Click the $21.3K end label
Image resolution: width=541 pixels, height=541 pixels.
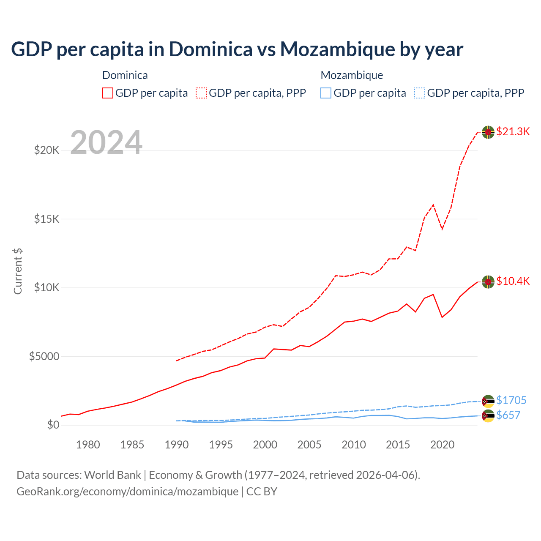pyautogui.click(x=513, y=131)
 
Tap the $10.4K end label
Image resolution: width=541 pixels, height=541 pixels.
pyautogui.click(x=513, y=281)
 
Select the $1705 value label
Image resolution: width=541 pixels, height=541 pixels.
pyautogui.click(x=511, y=400)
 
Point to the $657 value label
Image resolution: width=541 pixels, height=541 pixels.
pyautogui.click(x=508, y=415)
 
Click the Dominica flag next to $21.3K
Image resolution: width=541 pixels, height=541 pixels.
pyautogui.click(x=488, y=132)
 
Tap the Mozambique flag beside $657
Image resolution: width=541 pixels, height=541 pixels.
pyautogui.click(x=488, y=416)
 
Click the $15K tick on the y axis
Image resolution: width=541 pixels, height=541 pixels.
pyautogui.click(x=47, y=219)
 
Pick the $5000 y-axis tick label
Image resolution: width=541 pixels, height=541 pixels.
pyautogui.click(x=44, y=356)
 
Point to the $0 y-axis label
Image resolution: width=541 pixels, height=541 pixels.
pyautogui.click(x=53, y=425)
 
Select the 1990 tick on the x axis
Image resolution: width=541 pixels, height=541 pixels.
pyautogui.click(x=177, y=445)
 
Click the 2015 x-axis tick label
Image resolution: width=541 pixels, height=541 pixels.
pyautogui.click(x=398, y=445)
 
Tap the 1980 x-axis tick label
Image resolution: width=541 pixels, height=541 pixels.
pyautogui.click(x=88, y=445)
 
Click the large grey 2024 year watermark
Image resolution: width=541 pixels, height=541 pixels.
pyautogui.click(x=106, y=142)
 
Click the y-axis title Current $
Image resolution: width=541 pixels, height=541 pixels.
pyautogui.click(x=18, y=271)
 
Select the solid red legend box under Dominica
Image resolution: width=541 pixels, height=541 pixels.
pyautogui.click(x=108, y=93)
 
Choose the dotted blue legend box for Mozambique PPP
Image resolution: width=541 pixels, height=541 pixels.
pyautogui.click(x=420, y=93)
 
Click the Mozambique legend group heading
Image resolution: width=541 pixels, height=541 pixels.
pyautogui.click(x=352, y=75)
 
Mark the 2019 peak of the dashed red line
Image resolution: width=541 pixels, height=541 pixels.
pyautogui.click(x=433, y=205)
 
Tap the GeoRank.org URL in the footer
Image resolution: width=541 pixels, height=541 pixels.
pyautogui.click(x=127, y=492)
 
